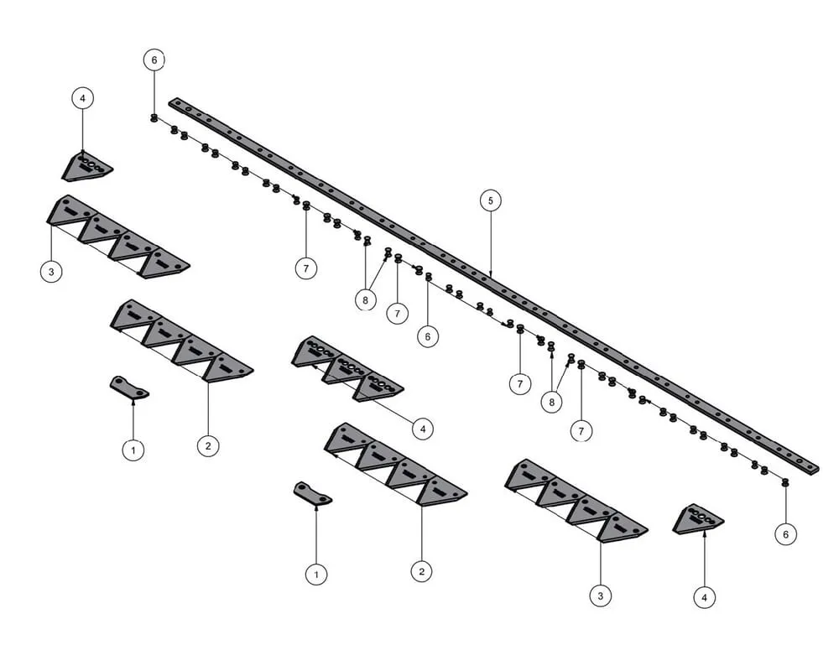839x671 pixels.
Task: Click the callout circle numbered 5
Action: pyautogui.click(x=491, y=200)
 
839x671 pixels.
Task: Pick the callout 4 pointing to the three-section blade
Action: pyautogui.click(x=423, y=429)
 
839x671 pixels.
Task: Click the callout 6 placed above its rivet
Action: pyautogui.click(x=154, y=60)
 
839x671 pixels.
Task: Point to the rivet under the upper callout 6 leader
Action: pyautogui.click(x=154, y=118)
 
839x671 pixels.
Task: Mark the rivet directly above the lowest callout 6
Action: pyautogui.click(x=785, y=484)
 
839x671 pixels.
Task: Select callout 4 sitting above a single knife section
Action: pyautogui.click(x=82, y=98)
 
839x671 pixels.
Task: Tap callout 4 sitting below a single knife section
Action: pyautogui.click(x=704, y=597)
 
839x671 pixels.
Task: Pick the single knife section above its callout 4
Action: pyautogui.click(x=699, y=520)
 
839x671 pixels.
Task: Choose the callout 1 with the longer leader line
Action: pyautogui.click(x=315, y=575)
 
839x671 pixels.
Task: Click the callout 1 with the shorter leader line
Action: pyautogui.click(x=133, y=450)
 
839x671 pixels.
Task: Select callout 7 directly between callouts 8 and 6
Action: pyautogui.click(x=397, y=313)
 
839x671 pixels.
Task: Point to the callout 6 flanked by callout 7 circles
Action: pyautogui.click(x=427, y=336)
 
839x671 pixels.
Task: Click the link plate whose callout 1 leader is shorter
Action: pyautogui.click(x=128, y=388)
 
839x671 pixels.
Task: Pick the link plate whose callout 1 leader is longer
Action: pyautogui.click(x=312, y=493)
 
